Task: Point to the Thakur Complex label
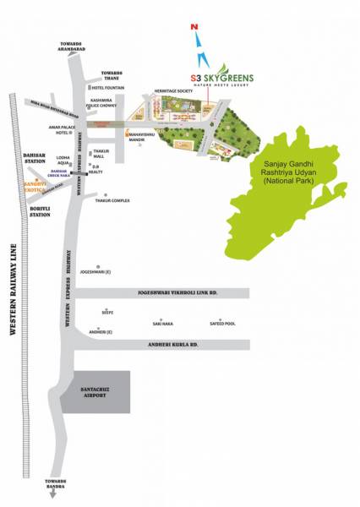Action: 112,201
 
